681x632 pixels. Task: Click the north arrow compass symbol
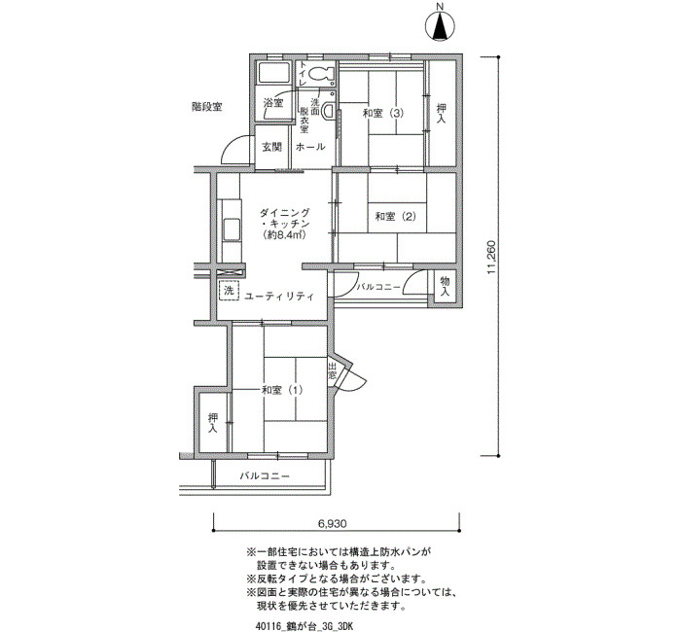point(441,26)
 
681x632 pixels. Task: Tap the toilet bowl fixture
point(320,74)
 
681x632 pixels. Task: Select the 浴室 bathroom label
point(273,103)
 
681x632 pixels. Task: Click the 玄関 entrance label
point(271,147)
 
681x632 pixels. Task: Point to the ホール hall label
point(310,147)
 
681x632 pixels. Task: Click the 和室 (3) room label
point(383,114)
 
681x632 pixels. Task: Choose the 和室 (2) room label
point(395,216)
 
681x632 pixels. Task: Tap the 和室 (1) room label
point(282,390)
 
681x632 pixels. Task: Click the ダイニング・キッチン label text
point(285,224)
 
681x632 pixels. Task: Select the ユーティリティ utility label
point(279,297)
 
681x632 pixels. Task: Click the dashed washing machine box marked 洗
point(229,291)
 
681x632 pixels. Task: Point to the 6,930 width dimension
point(333,524)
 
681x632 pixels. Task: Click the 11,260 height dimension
point(491,258)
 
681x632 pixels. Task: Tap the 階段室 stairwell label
point(206,107)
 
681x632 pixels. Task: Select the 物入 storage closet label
point(445,286)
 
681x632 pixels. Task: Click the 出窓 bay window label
point(333,370)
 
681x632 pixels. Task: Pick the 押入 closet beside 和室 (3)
point(442,113)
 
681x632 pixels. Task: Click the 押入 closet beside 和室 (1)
point(213,423)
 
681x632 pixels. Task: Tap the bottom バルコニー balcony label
point(265,476)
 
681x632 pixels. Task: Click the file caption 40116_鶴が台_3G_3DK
point(305,627)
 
